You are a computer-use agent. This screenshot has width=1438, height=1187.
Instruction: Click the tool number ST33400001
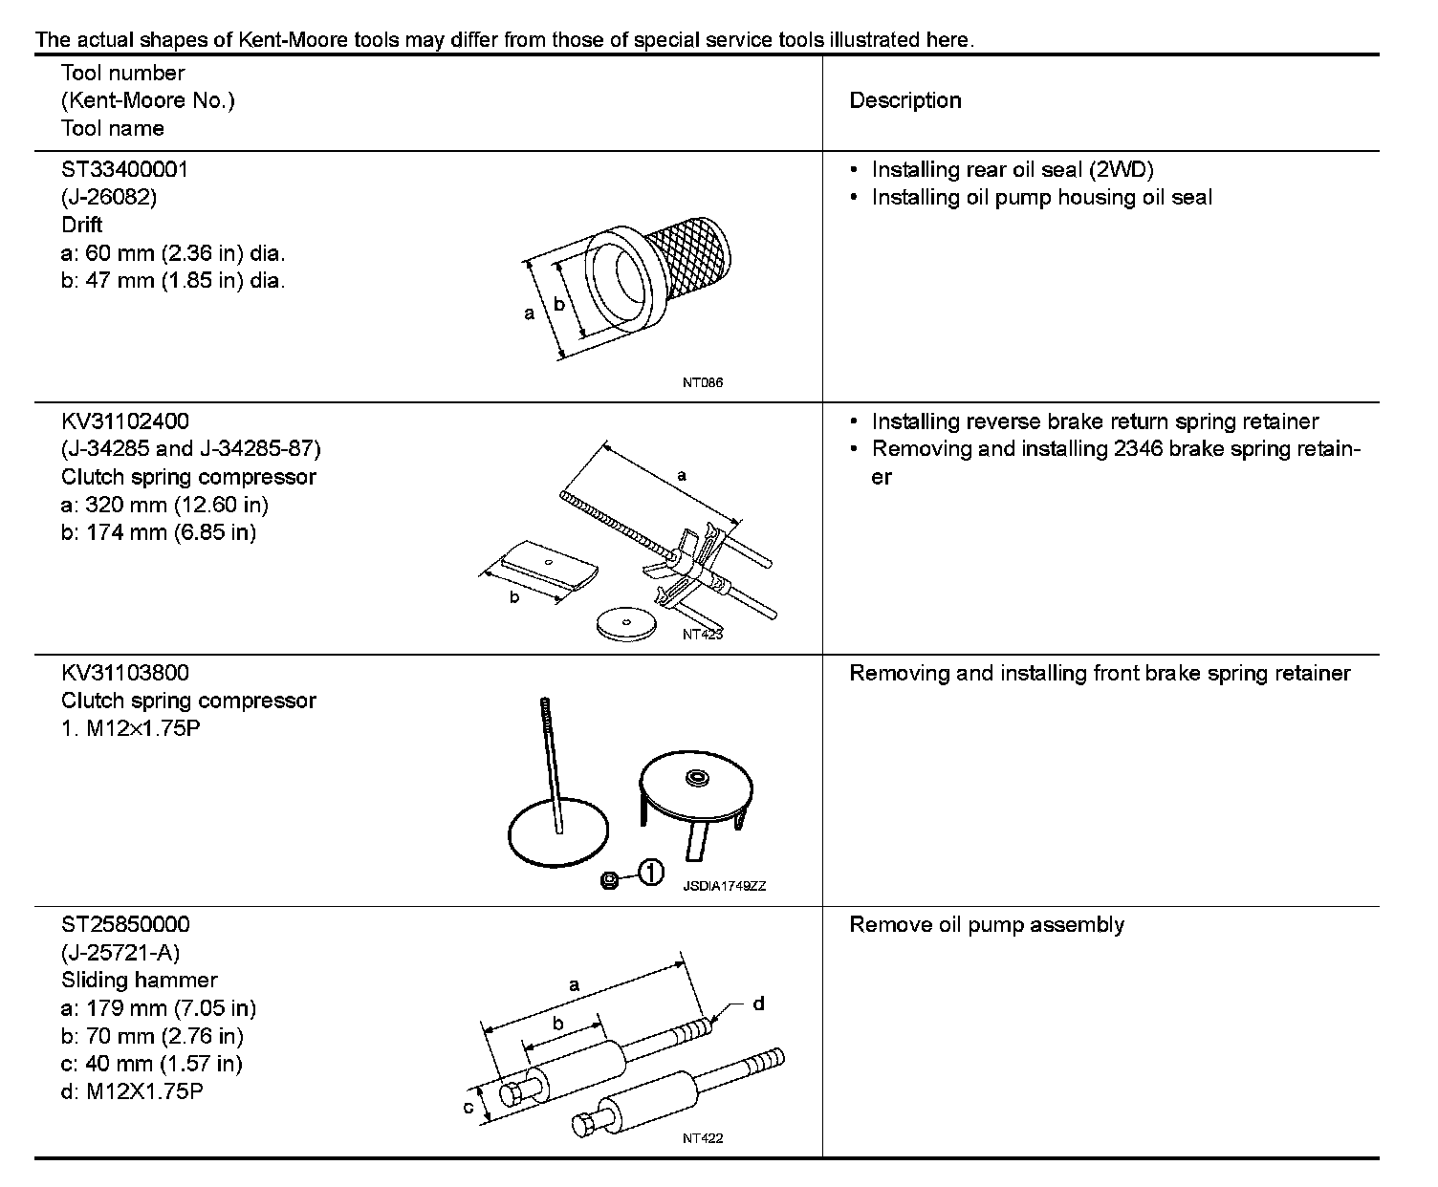124,170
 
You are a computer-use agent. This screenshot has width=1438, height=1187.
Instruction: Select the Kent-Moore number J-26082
108,198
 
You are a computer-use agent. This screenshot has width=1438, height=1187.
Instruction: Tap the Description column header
904,100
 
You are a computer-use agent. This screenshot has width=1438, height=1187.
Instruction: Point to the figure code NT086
703,382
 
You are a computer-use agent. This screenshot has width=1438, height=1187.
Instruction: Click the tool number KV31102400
124,421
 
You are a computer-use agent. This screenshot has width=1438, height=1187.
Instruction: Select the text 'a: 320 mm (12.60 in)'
164,505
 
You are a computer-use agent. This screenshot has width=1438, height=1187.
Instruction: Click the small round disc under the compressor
625,624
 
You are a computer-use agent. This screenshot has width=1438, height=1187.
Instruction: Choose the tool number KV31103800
124,673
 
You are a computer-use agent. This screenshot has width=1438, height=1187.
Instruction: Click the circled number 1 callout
650,873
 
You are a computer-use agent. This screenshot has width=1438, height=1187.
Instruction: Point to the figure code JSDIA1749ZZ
725,886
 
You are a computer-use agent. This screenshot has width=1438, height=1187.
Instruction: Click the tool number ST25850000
124,925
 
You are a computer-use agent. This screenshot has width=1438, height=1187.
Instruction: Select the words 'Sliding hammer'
139,981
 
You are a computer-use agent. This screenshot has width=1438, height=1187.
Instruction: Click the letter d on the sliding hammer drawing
758,1004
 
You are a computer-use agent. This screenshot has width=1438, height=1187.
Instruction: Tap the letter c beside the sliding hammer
468,1108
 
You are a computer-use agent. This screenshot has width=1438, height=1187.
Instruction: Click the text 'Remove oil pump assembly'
987,925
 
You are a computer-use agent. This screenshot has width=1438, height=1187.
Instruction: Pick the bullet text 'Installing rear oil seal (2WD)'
1013,170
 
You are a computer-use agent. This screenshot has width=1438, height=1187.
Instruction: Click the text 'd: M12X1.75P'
132,1091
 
